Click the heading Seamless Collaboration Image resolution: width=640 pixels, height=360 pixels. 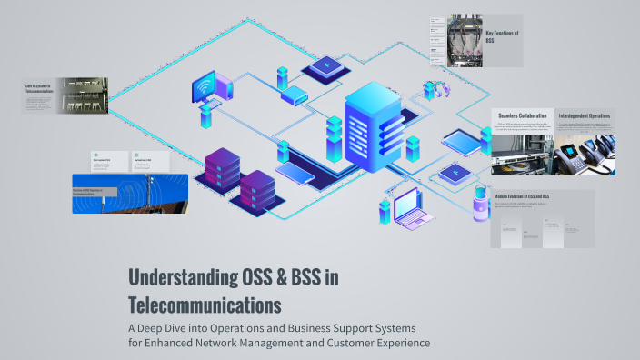click(522, 116)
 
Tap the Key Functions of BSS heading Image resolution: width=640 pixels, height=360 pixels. click(502, 36)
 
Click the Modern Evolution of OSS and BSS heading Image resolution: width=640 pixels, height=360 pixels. click(528, 196)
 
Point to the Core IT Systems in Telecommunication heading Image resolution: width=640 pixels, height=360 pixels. click(40, 89)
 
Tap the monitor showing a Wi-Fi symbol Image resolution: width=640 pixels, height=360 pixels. click(204, 87)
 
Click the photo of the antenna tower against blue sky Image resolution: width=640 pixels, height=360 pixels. click(130, 194)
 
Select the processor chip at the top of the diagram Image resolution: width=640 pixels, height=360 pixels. click(325, 65)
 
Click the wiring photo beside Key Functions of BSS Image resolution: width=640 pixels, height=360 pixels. click(465, 41)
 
